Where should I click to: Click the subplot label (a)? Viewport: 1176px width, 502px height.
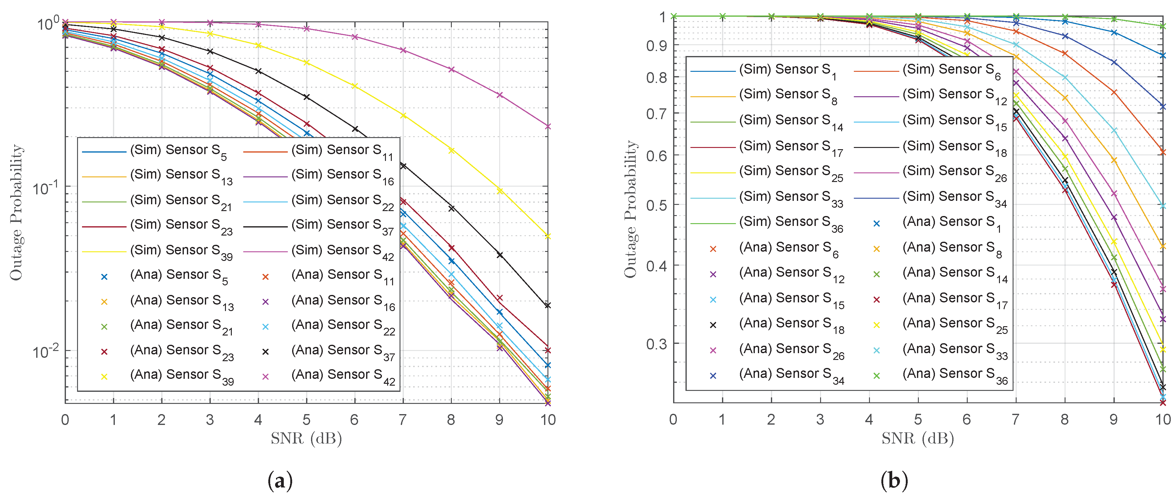coord(280,481)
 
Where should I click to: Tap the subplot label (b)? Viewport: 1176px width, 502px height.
coord(894,481)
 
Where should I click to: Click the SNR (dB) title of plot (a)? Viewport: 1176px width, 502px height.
coord(306,439)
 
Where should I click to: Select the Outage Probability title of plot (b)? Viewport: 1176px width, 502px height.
coord(630,209)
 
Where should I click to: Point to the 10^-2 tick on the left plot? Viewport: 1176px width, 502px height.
coord(46,351)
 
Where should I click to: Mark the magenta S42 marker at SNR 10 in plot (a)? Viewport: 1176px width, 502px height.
coord(548,126)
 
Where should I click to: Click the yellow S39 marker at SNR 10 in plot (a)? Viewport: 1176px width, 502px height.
coord(548,236)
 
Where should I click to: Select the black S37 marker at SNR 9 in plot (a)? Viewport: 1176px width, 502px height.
coord(500,255)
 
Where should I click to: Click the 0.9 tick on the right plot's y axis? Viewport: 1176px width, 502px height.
coord(656,45)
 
